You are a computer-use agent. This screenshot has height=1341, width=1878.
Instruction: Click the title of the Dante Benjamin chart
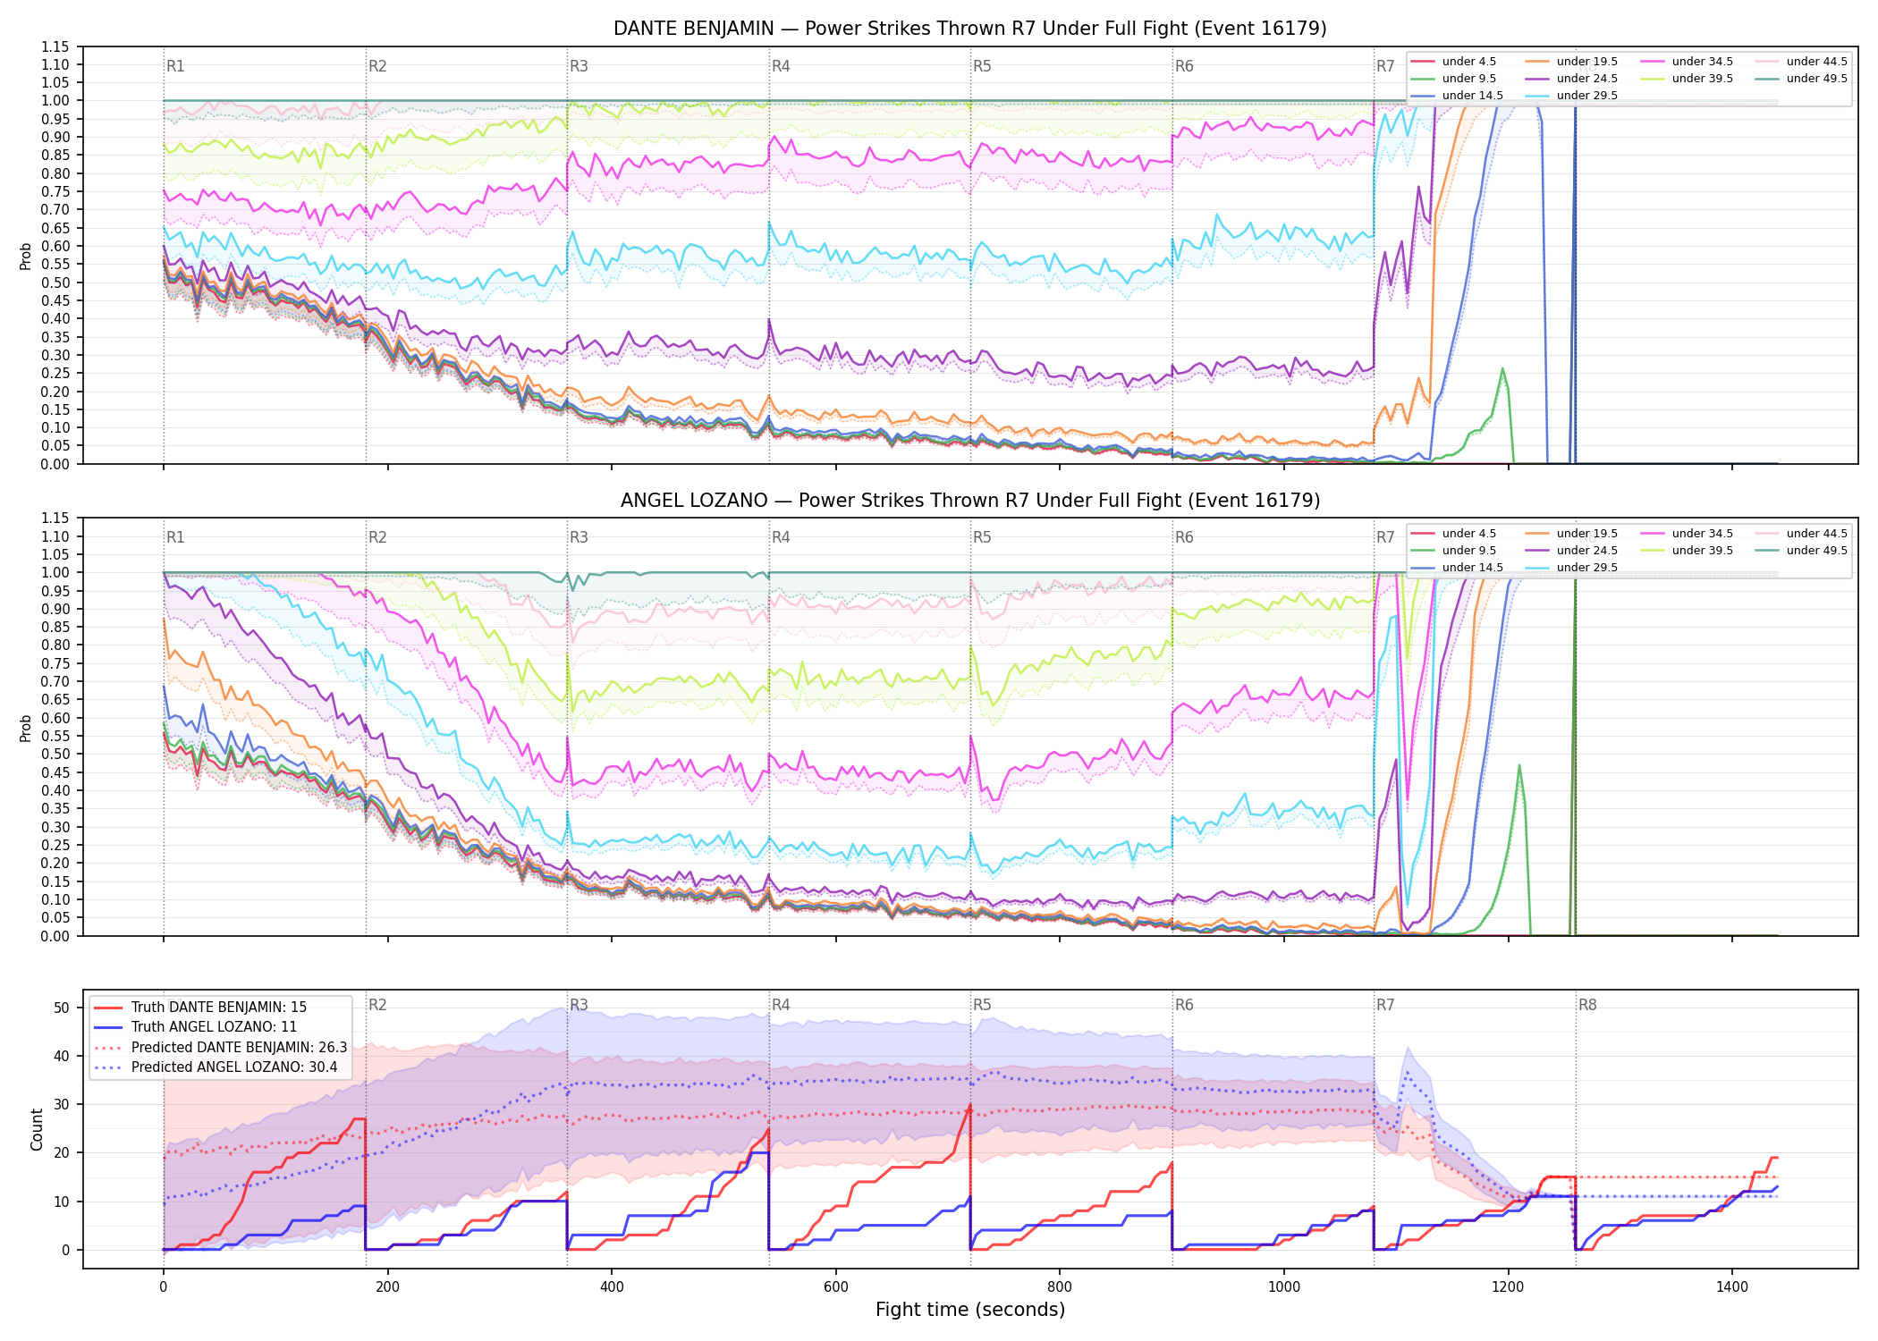coord(969,29)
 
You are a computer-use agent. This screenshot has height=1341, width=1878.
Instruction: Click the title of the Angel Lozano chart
coord(969,501)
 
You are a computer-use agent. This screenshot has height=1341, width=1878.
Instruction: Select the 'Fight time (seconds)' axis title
coord(970,1310)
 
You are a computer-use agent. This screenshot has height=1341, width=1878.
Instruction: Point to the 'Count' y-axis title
coord(37,1129)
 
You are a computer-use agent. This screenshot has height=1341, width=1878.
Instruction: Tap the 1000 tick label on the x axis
coord(1284,1286)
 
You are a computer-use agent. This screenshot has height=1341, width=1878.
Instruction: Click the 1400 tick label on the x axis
coord(1732,1286)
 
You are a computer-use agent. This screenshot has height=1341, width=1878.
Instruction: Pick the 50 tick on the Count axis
coord(62,1008)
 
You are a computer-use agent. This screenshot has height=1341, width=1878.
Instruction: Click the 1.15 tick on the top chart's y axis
coord(55,46)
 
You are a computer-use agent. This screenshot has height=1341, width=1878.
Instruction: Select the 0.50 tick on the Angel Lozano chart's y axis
coord(55,754)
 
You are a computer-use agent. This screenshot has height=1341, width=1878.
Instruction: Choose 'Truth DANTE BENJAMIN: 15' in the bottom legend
coord(218,1008)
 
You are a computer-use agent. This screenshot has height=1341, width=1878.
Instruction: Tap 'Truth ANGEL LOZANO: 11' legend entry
coord(214,1027)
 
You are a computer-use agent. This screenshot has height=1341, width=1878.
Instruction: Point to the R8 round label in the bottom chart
coord(1587,1005)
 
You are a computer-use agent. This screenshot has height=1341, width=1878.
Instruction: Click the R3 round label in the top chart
coord(579,66)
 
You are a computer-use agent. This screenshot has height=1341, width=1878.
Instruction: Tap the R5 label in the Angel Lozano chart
coord(982,537)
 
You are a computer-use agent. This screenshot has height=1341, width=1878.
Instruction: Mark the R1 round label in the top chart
coord(175,66)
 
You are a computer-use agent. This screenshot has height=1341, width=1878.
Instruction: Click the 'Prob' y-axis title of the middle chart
coord(26,728)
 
